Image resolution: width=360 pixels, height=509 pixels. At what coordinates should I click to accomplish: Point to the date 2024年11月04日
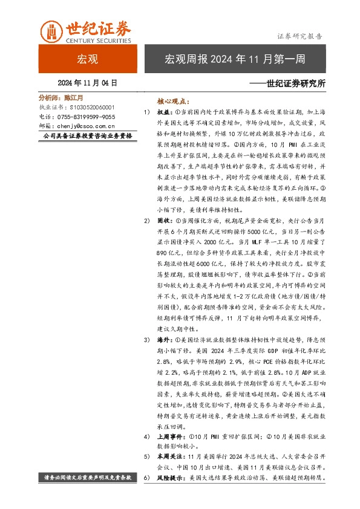tap(87, 83)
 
